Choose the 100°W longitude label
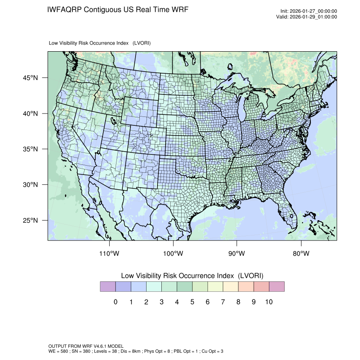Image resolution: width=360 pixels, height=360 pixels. pos(173,254)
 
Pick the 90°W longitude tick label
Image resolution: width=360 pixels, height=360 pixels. pos(237,254)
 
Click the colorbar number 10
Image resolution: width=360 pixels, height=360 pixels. pos(269,302)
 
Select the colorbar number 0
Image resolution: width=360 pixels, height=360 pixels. pos(116,302)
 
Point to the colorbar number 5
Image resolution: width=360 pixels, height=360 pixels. pos(192,302)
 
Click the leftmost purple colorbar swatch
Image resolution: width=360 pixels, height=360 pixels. pos(108,287)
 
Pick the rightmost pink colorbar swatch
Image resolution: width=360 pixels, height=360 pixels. pos(277,287)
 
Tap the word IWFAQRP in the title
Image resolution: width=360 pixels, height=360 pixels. pos(64,10)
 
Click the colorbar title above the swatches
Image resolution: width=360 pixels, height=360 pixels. pos(192,276)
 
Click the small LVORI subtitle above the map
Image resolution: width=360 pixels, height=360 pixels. pos(100,43)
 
